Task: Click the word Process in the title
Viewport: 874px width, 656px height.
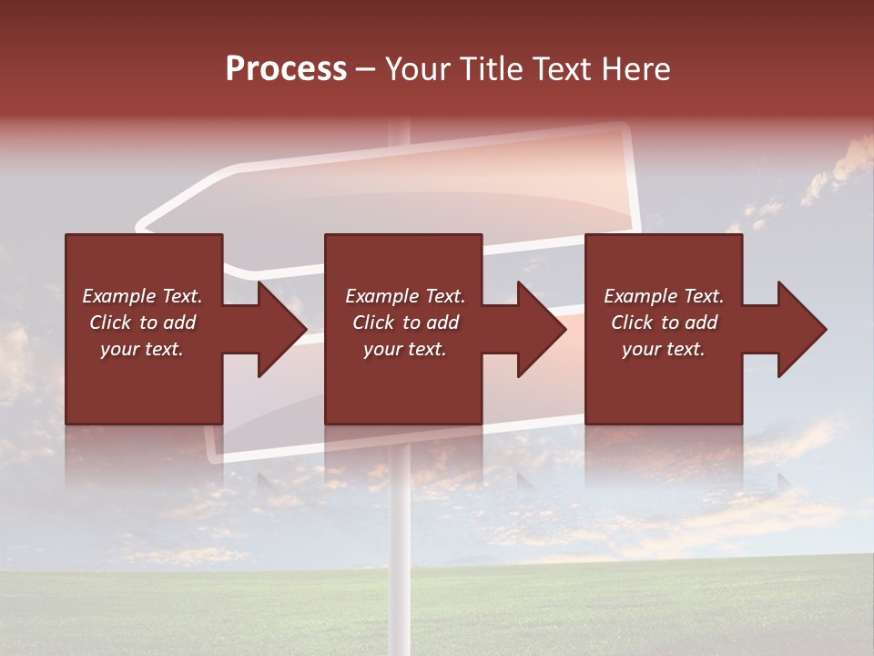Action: (x=286, y=68)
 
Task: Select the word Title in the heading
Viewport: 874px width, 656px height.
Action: (x=491, y=68)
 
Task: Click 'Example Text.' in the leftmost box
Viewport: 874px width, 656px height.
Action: (x=142, y=296)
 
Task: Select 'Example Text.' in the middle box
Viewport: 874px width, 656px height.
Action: (x=405, y=296)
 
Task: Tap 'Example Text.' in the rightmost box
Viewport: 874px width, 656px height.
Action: (x=664, y=296)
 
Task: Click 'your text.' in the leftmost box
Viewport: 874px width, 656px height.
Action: (x=142, y=349)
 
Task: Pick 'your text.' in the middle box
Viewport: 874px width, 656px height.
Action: (x=405, y=349)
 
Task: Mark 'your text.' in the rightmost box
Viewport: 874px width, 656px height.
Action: (x=664, y=349)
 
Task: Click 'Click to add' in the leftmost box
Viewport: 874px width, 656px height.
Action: (x=142, y=323)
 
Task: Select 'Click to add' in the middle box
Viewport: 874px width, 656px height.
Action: (x=405, y=323)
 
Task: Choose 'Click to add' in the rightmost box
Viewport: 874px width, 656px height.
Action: (x=664, y=323)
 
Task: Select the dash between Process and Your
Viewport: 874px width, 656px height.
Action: (x=365, y=69)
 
